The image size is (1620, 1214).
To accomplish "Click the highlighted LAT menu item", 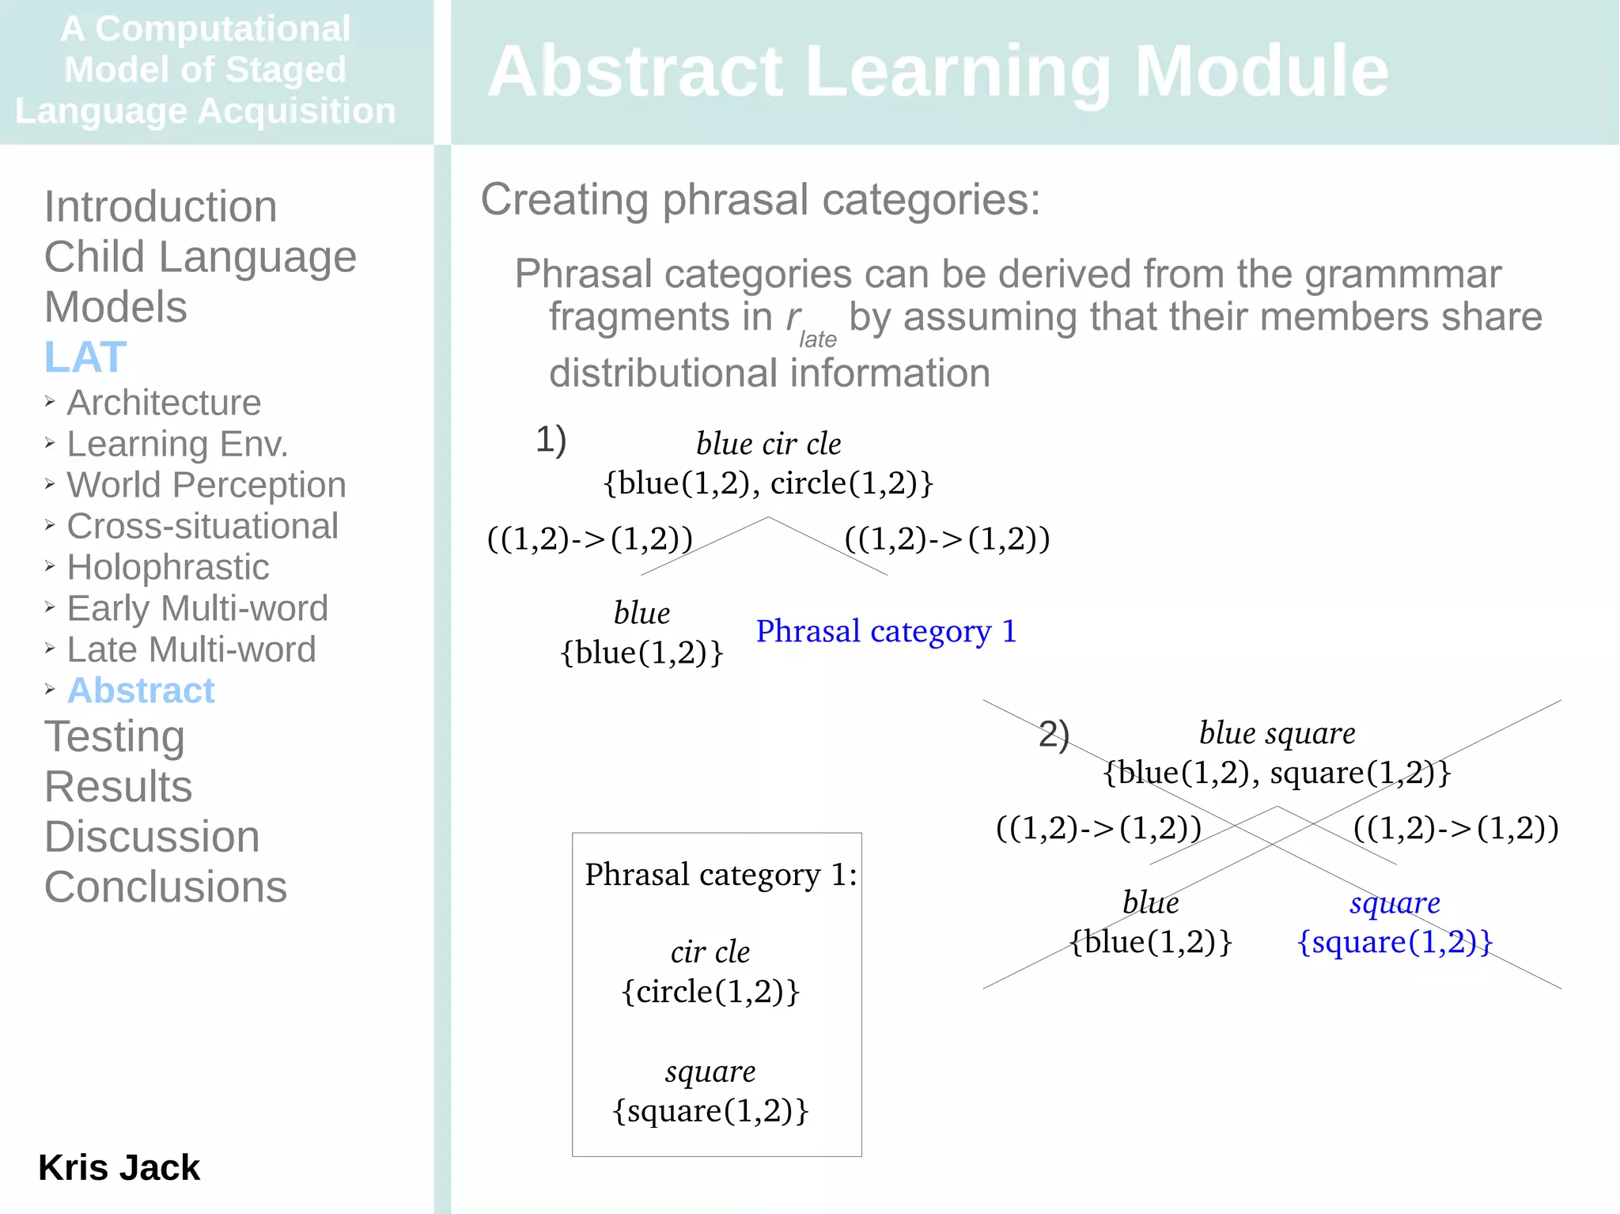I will [x=85, y=357].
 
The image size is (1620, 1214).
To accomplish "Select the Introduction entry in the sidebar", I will [x=161, y=206].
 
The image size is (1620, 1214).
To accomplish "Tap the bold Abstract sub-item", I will [x=141, y=690].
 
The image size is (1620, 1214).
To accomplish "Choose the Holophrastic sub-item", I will [x=168, y=567].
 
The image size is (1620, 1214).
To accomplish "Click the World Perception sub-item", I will [x=206, y=485].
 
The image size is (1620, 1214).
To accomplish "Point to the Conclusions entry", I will [x=165, y=887].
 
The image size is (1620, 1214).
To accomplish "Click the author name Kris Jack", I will [x=119, y=1167].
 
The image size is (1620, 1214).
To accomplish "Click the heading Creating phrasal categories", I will [x=760, y=199].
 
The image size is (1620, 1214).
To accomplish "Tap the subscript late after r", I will [x=817, y=339].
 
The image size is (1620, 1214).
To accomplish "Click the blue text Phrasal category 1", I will [x=886, y=631].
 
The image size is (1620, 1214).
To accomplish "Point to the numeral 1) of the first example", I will [x=551, y=440].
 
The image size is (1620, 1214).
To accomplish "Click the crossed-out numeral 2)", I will [x=1054, y=734].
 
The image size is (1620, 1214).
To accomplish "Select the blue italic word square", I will [x=1395, y=902].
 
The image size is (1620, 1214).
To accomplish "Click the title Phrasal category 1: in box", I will [x=721, y=875].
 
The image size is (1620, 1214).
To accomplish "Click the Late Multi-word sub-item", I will [x=191, y=649].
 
